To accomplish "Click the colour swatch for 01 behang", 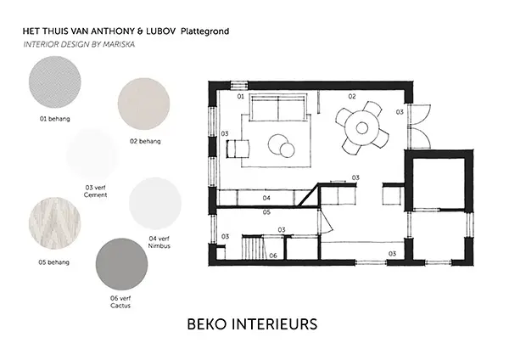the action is tap(55, 82).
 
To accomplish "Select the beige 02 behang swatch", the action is tap(144, 104).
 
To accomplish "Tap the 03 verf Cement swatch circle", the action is tap(92, 154).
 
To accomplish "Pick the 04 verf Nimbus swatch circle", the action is tap(155, 204).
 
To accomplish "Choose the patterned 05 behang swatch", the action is tap(55, 223).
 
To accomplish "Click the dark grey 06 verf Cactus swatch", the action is tap(121, 264).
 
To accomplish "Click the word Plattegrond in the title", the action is tap(204, 31).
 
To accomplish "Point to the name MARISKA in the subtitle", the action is tap(119, 44).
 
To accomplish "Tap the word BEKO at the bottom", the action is tap(207, 324).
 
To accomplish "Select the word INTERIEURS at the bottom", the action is tap(275, 324).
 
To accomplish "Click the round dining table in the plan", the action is tap(362, 127).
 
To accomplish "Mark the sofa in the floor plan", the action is tap(278, 108).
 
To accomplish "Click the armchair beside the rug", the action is tap(238, 149).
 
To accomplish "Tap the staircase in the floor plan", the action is tap(255, 248).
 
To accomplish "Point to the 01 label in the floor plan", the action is tap(241, 97).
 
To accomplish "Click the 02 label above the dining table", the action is tap(352, 97).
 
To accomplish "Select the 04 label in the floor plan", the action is tap(266, 198).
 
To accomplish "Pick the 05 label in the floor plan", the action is tap(266, 212).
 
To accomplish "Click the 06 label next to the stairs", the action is tap(273, 256).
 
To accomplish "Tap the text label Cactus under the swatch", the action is tap(120, 306).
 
